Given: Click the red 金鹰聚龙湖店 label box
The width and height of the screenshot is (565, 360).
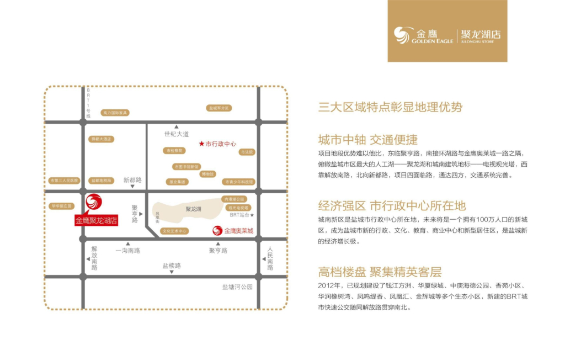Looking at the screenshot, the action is coord(97,220).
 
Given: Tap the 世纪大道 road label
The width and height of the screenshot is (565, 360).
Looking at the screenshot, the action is coord(177,134).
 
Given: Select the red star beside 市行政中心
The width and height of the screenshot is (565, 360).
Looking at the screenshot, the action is coord(201,144).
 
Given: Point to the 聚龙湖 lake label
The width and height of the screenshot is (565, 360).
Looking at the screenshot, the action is coord(193,209).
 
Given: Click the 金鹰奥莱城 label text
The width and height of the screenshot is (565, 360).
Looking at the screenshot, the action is coord(239,231).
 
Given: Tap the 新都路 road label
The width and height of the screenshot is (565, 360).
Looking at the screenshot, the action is coord(132,180).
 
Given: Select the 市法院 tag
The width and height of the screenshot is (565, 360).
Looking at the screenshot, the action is coord(246,152).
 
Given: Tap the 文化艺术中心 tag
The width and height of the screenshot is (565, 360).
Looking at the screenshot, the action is coord(174,231).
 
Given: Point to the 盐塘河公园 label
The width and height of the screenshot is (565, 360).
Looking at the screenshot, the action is coord(237,287).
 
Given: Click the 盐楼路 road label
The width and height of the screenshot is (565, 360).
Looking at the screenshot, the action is coord(172,266).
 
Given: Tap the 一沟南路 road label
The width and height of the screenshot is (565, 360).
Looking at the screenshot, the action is coord(128,250).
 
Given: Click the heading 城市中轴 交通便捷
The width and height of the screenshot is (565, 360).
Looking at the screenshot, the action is coord(367,139).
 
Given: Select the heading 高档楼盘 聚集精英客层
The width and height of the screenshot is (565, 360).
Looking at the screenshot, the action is coord(380,272).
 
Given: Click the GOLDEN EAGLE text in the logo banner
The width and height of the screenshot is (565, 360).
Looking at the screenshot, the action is coord(431,41).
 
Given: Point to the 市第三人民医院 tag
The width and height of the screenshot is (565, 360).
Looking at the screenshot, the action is coord(65,181).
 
